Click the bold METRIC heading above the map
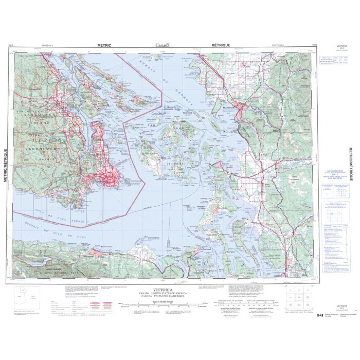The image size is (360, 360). point(104,46)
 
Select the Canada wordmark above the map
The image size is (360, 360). point(164,46)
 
